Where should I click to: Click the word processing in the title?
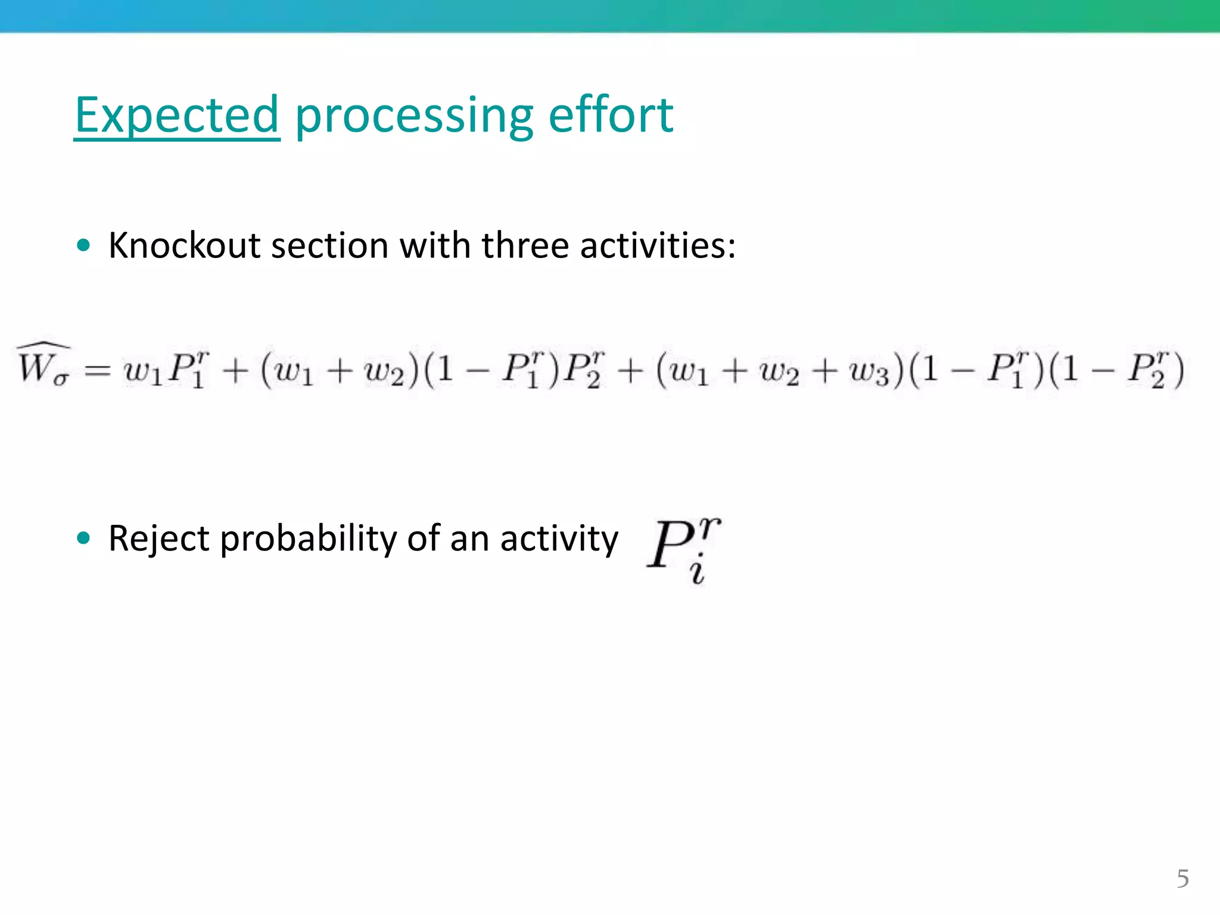[414, 116]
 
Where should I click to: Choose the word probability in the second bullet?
[308, 539]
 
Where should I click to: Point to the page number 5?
[1182, 879]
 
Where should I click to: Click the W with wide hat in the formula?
[36, 366]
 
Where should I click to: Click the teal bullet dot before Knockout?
[83, 245]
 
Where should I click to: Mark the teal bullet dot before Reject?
[83, 538]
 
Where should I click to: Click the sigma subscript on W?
[61, 378]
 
